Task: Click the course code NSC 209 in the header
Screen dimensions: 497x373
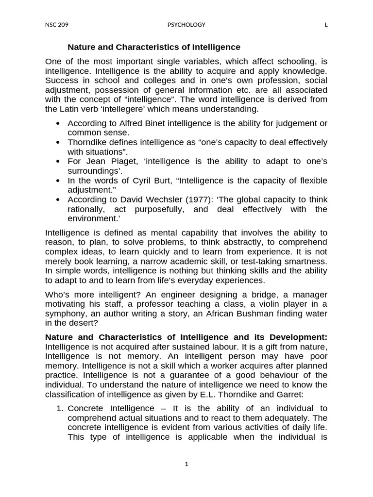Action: pyautogui.click(x=56, y=25)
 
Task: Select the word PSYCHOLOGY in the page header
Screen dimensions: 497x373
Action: pyautogui.click(x=186, y=25)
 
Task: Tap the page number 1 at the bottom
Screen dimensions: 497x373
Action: pyautogui.click(x=186, y=464)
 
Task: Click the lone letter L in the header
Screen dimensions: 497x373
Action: pyautogui.click(x=326, y=25)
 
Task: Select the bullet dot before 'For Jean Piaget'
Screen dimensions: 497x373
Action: pyautogui.click(x=58, y=162)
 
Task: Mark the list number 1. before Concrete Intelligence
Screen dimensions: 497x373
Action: pyautogui.click(x=60, y=408)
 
